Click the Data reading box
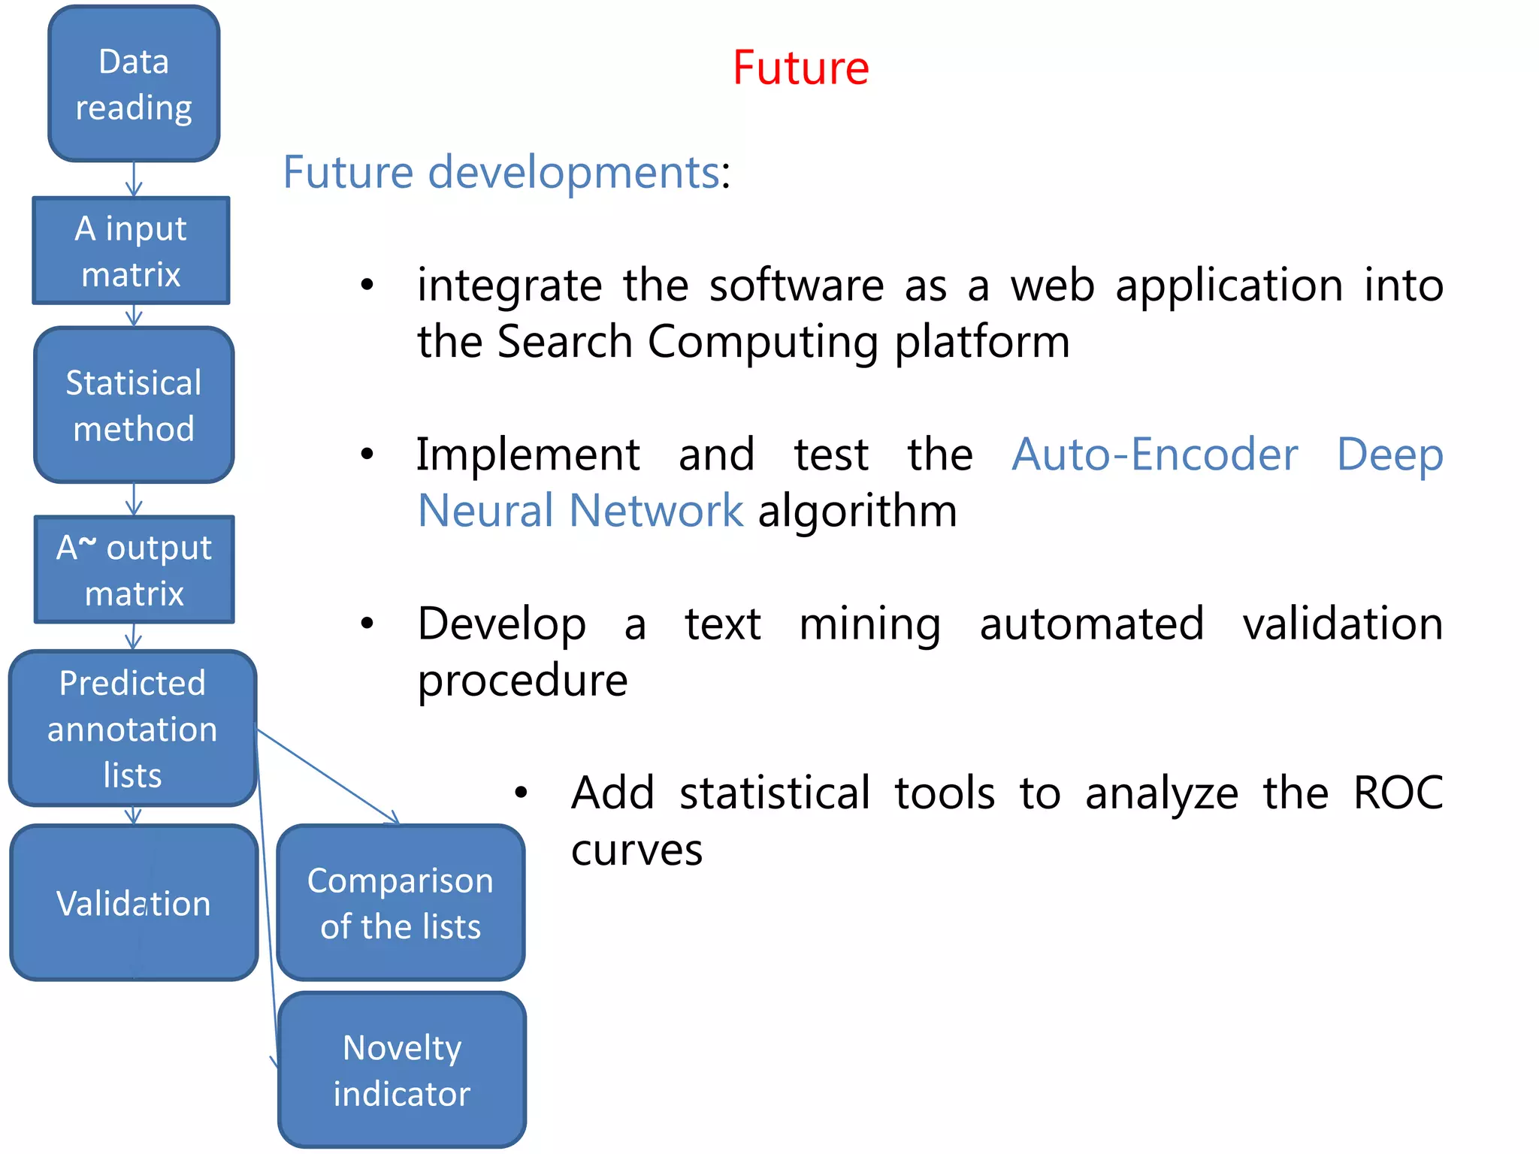coord(134,84)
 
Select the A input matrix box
coord(131,251)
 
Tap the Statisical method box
coord(134,406)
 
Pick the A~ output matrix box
coord(134,570)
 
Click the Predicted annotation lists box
coord(132,729)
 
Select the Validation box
coord(134,902)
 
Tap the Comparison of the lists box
coord(401,902)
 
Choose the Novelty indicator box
coord(402,1070)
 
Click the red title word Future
coord(800,68)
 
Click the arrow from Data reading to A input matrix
coord(134,180)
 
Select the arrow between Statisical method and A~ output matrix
coord(134,499)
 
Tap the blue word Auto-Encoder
coord(1154,455)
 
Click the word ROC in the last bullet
coord(1398,793)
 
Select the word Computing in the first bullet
coord(763,343)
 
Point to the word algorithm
coord(857,512)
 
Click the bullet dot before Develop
coord(367,624)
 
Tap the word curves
coord(636,850)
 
